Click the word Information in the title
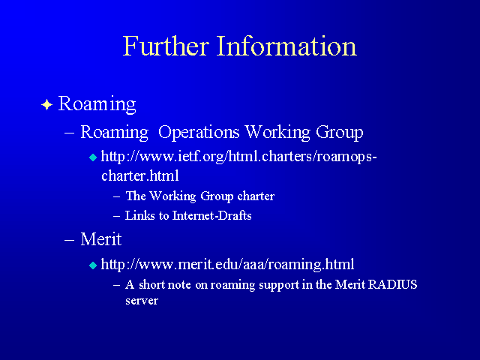coord(286,46)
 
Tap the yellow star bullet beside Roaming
coord(46,105)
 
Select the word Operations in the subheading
coord(199,133)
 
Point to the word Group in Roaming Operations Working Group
coord(340,133)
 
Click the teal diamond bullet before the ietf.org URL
coord(93,157)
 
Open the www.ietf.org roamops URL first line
coord(238,157)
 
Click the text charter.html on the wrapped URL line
coord(140,175)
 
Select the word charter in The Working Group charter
coord(256,196)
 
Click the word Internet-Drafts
coord(211,215)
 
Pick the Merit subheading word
coord(101,239)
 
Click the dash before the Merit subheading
coord(70,240)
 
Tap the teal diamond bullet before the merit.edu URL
coord(93,265)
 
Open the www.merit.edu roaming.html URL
coord(227,264)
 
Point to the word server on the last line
coord(142,301)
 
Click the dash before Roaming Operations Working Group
coord(70,133)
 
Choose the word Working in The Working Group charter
coord(172,196)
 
